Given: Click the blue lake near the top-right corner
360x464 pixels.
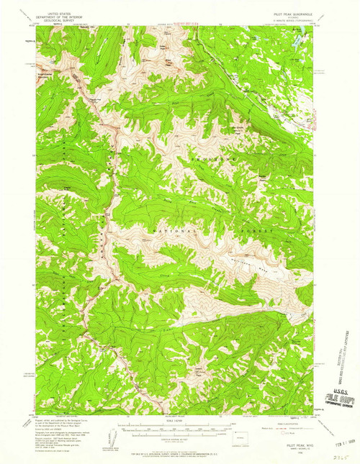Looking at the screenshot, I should pos(296,43).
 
